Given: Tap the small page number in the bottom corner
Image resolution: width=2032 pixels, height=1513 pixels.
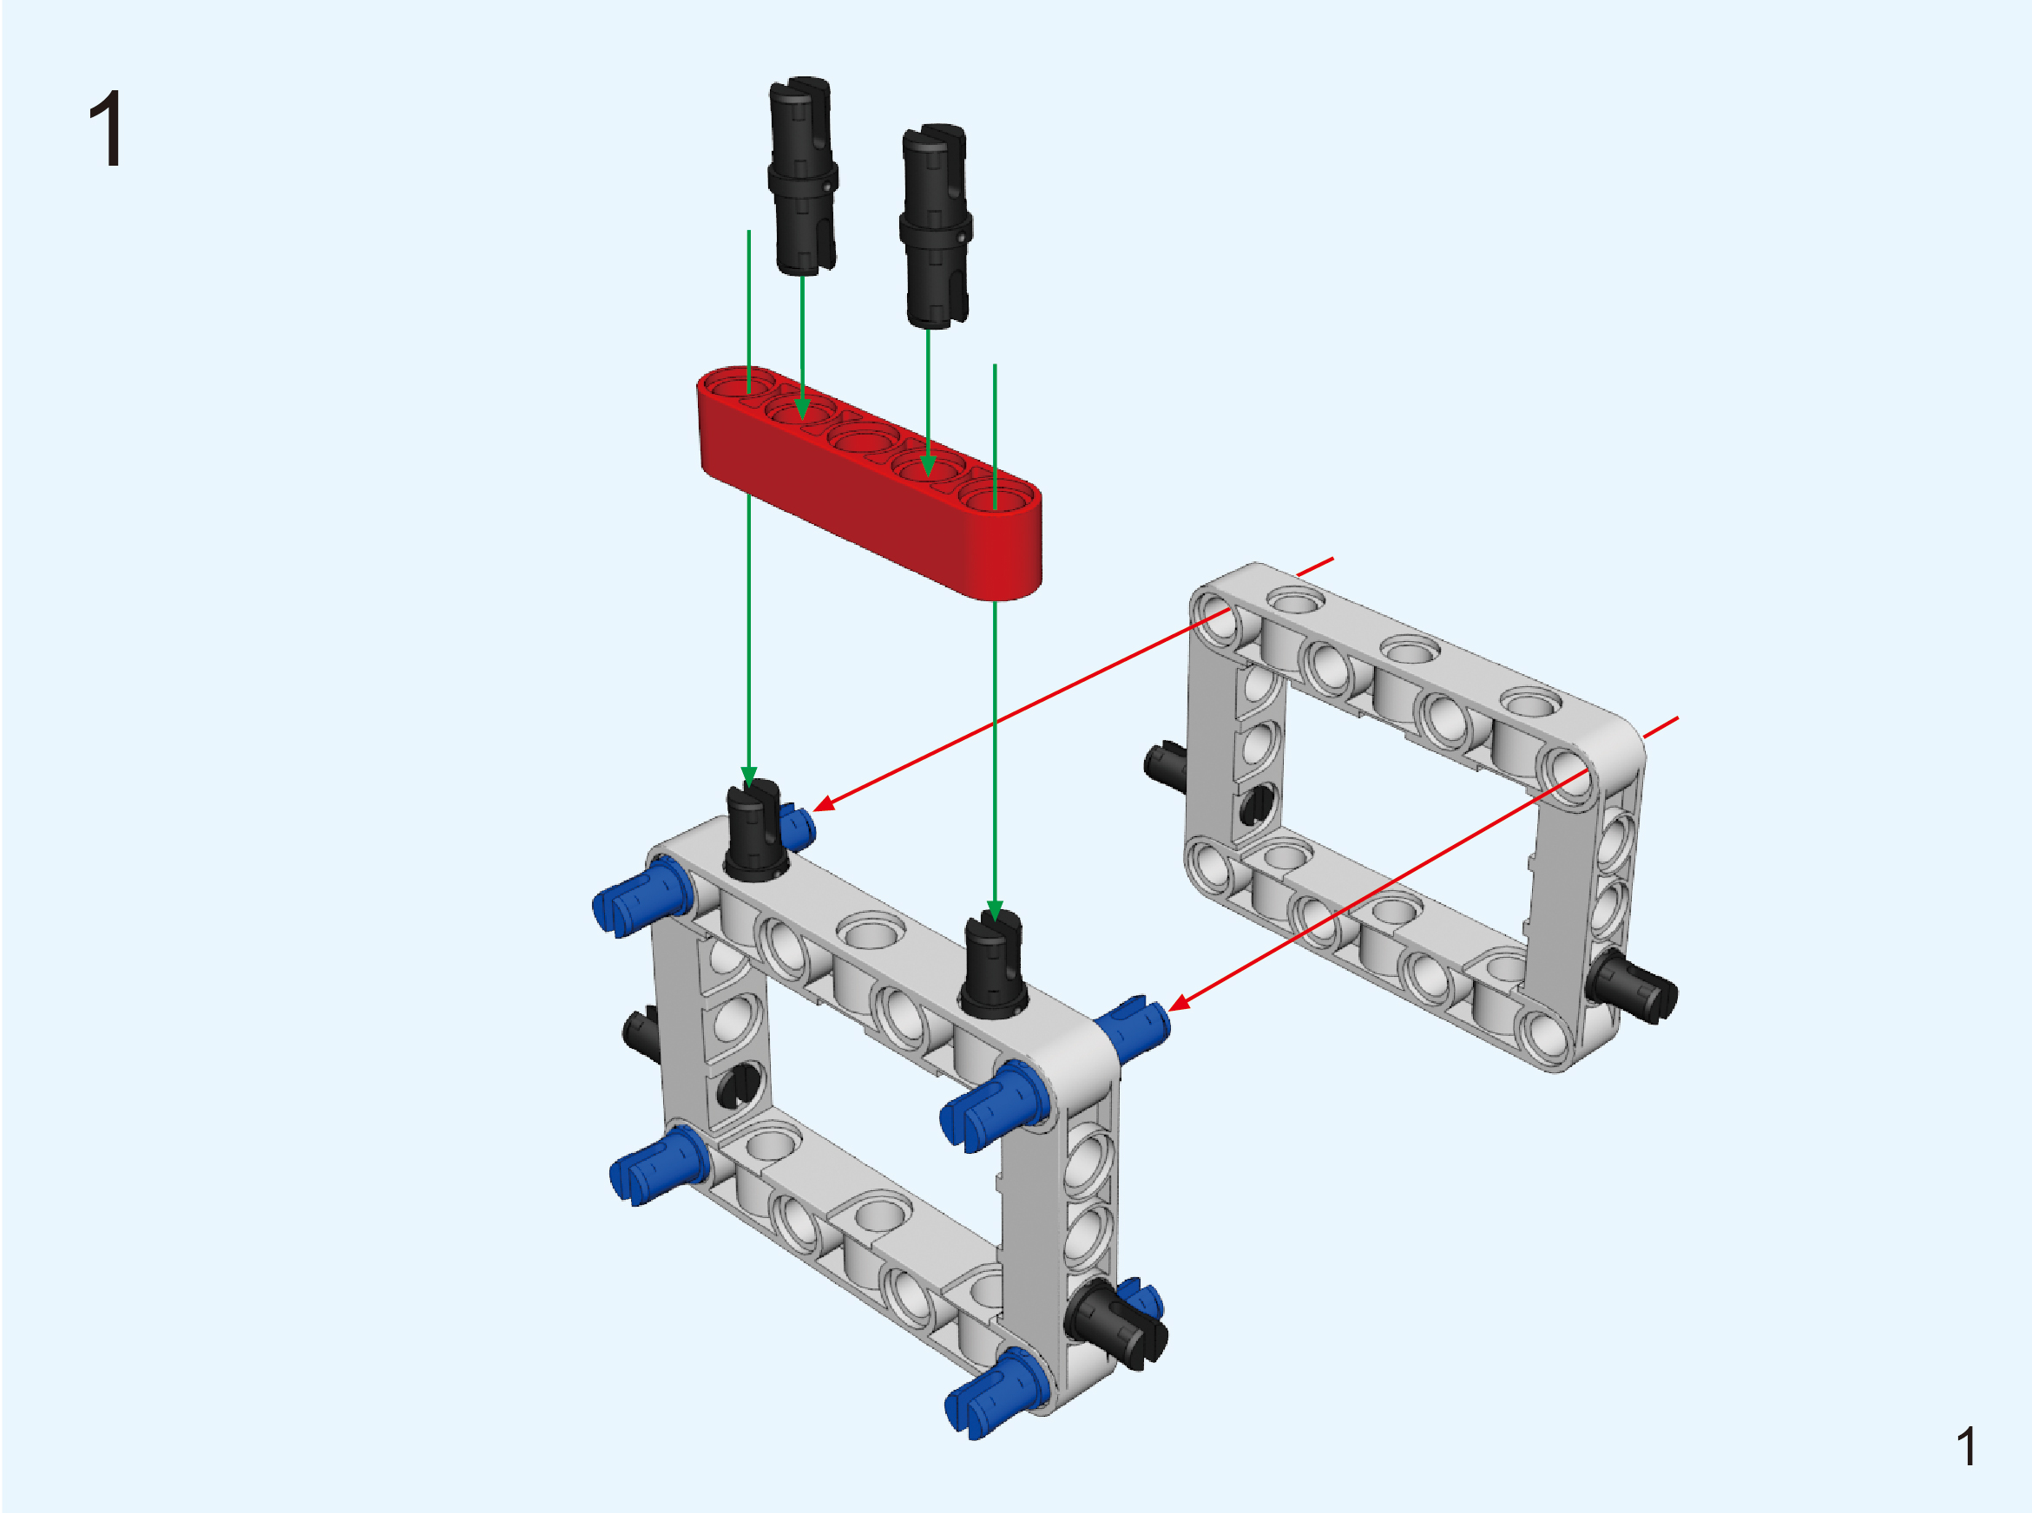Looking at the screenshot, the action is pyautogui.click(x=1965, y=1446).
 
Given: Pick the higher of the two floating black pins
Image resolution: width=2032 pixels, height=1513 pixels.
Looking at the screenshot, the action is pyautogui.click(x=803, y=176).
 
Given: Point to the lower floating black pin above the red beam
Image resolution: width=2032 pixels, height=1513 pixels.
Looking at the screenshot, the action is pyautogui.click(x=936, y=226).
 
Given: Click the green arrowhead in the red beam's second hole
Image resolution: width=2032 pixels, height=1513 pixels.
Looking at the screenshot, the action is pyautogui.click(x=803, y=408).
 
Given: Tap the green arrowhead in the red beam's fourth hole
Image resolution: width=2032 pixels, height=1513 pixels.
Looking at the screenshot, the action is pyautogui.click(x=928, y=467).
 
